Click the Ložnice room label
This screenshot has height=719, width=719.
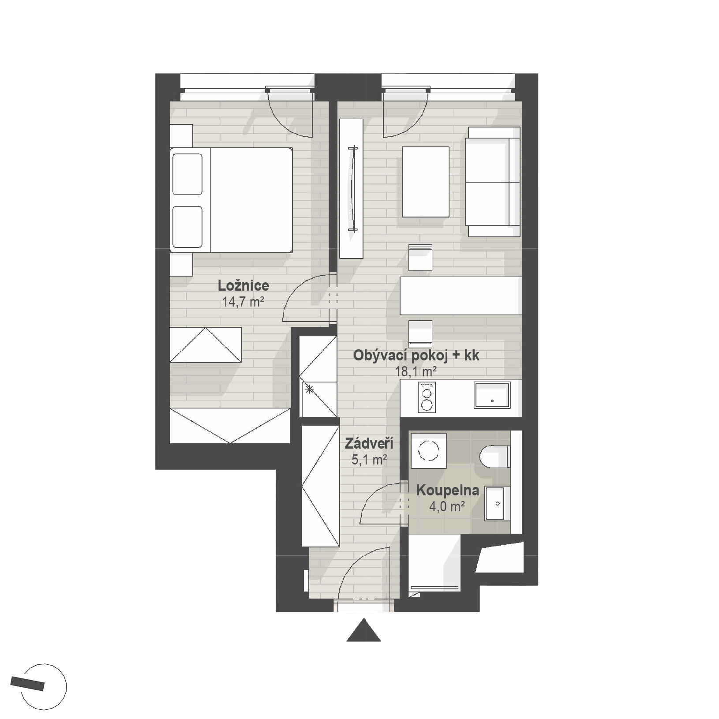coord(243,286)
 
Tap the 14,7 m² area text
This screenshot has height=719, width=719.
coord(243,302)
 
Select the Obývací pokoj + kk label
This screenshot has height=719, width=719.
coord(416,356)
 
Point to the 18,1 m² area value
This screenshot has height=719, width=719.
coord(416,371)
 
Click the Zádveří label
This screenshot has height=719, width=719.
coord(369,443)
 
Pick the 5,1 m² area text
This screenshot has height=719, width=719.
coord(369,460)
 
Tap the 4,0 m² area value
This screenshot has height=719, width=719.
coord(447,506)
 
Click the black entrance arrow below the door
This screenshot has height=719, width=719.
coord(363,630)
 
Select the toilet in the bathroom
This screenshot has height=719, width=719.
coord(495,457)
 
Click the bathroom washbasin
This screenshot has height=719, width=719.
coord(498,503)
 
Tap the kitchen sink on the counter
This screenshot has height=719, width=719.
coord(492,395)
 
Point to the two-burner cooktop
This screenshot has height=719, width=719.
coord(427,397)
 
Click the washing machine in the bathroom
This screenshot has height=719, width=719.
coord(428,450)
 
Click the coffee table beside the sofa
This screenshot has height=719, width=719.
coord(426,182)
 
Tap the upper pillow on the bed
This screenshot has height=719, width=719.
coord(187,174)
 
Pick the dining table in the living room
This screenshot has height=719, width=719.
coord(461,296)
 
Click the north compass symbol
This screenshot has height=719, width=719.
coord(44,687)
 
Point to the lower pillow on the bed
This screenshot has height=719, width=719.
coord(187,227)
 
